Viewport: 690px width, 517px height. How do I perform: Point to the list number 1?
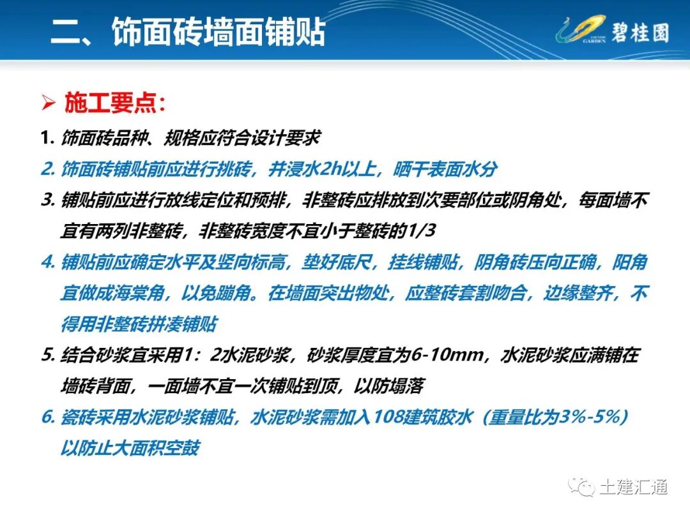click(45, 137)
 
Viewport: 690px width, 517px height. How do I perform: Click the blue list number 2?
click(46, 170)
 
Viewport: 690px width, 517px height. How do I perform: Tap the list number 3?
click(46, 200)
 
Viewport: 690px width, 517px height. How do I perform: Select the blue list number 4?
click(47, 262)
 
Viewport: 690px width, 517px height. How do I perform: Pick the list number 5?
click(46, 355)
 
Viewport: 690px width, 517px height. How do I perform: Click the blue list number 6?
click(46, 417)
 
